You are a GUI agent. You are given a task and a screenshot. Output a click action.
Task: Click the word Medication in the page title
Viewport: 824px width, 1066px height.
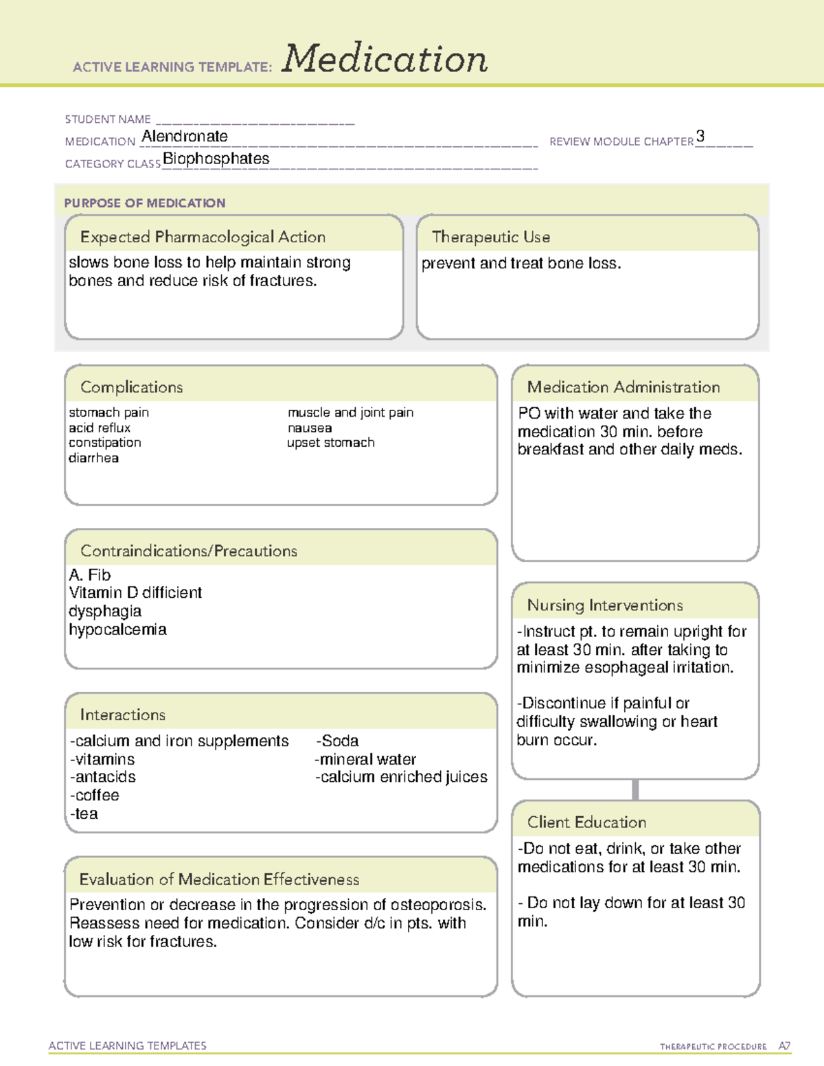coord(385,59)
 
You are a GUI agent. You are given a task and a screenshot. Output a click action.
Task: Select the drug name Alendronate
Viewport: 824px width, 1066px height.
coord(185,137)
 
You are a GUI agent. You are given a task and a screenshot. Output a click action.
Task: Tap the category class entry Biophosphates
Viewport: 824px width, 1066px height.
coord(216,159)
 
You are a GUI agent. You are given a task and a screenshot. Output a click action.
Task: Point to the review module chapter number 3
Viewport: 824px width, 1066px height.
coord(700,136)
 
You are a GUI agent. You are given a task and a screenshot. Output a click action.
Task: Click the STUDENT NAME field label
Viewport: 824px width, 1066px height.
coord(108,119)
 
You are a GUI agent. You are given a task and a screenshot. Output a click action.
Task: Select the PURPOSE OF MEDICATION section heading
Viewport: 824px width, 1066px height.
coord(145,203)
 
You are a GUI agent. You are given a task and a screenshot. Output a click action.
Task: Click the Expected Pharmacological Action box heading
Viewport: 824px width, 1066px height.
coord(203,237)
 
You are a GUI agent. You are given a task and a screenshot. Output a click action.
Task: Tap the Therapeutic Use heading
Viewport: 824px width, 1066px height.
coord(491,237)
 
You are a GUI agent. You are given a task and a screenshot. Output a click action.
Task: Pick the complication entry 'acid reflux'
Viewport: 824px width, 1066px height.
coord(100,428)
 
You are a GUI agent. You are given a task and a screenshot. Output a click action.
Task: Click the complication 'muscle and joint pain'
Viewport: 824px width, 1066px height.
coord(350,413)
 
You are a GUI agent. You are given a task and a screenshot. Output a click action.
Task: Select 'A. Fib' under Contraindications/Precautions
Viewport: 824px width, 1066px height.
coord(90,575)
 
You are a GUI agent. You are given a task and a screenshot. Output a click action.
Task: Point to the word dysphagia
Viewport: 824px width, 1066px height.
coord(105,611)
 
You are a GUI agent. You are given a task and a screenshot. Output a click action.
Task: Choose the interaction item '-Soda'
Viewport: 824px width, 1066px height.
coord(338,741)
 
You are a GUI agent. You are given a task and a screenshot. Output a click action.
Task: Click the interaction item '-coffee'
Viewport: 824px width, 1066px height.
coord(95,795)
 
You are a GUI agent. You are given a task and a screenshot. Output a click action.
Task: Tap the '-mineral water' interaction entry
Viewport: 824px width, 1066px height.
coord(366,759)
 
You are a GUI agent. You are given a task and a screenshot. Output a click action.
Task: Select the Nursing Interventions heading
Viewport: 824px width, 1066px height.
coord(605,605)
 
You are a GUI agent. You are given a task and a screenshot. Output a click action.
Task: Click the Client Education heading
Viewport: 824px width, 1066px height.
coord(586,822)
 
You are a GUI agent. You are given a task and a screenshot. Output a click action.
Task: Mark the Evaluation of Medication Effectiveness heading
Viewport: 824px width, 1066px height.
coord(219,879)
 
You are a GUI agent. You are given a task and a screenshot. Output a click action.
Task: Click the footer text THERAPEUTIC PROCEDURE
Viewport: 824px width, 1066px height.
coord(713,1047)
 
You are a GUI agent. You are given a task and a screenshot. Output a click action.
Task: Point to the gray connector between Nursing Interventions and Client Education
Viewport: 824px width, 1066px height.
coord(635,789)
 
